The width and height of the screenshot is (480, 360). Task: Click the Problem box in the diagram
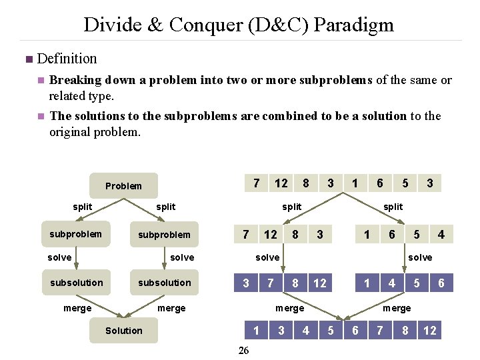point(124,186)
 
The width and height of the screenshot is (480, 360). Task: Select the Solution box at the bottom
point(123,331)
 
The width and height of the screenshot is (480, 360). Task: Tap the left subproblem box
point(75,234)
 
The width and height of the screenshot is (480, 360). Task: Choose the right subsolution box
point(164,283)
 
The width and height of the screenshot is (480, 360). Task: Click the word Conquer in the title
point(211,25)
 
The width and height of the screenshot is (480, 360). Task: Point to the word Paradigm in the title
point(353,25)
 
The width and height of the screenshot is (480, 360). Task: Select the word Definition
point(67,59)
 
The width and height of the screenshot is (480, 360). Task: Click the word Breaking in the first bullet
point(75,80)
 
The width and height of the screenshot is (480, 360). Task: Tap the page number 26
point(244,351)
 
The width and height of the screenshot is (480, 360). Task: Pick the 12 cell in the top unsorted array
point(281,183)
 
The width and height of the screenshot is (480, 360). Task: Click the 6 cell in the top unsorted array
point(380,183)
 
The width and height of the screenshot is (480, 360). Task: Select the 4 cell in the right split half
point(441,234)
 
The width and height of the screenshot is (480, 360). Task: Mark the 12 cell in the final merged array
point(430,331)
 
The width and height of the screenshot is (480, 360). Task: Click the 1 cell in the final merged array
point(257,331)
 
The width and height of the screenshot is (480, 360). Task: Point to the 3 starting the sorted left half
point(246,283)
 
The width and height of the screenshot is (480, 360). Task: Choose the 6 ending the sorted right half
point(441,283)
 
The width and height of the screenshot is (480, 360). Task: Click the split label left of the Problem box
point(83,207)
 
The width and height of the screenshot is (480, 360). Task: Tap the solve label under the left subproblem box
point(59,257)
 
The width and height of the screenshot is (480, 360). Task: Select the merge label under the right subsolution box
point(171,308)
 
